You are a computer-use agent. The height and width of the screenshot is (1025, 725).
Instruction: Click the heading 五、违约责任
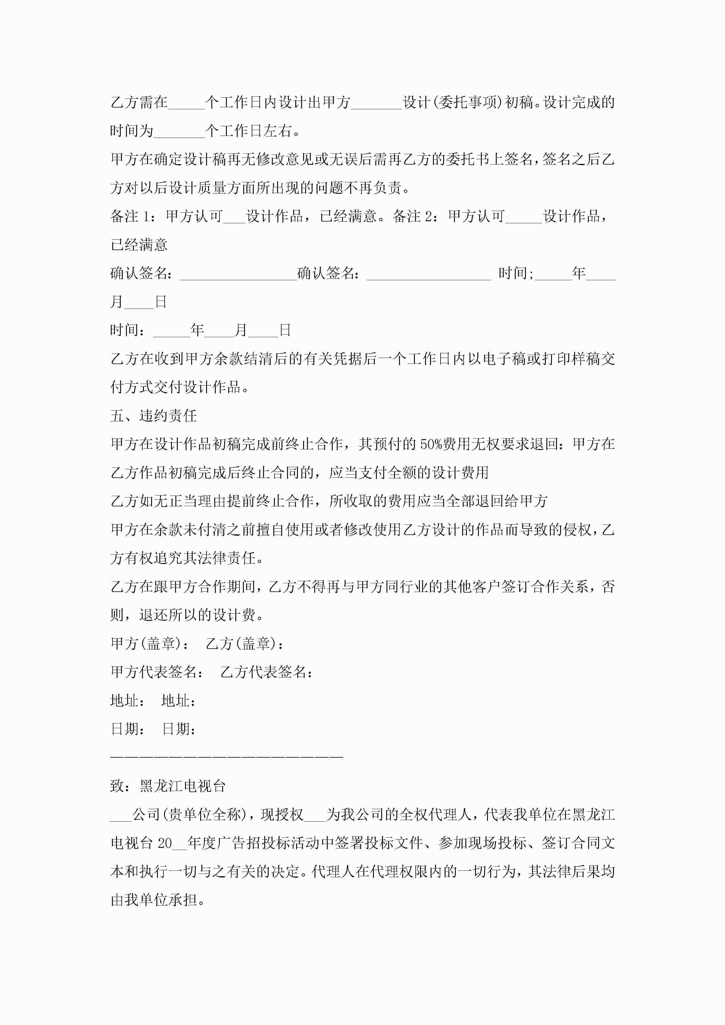[x=153, y=415]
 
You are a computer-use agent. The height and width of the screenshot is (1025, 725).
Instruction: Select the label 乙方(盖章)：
[x=245, y=643]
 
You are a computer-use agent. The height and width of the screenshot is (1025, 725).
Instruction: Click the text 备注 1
[x=131, y=217]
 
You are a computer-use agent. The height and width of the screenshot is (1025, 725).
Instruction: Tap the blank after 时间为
[x=179, y=131]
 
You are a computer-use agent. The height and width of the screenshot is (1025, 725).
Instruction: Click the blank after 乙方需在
[x=186, y=103]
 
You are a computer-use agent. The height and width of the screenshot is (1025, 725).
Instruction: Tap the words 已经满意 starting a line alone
[x=139, y=245]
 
